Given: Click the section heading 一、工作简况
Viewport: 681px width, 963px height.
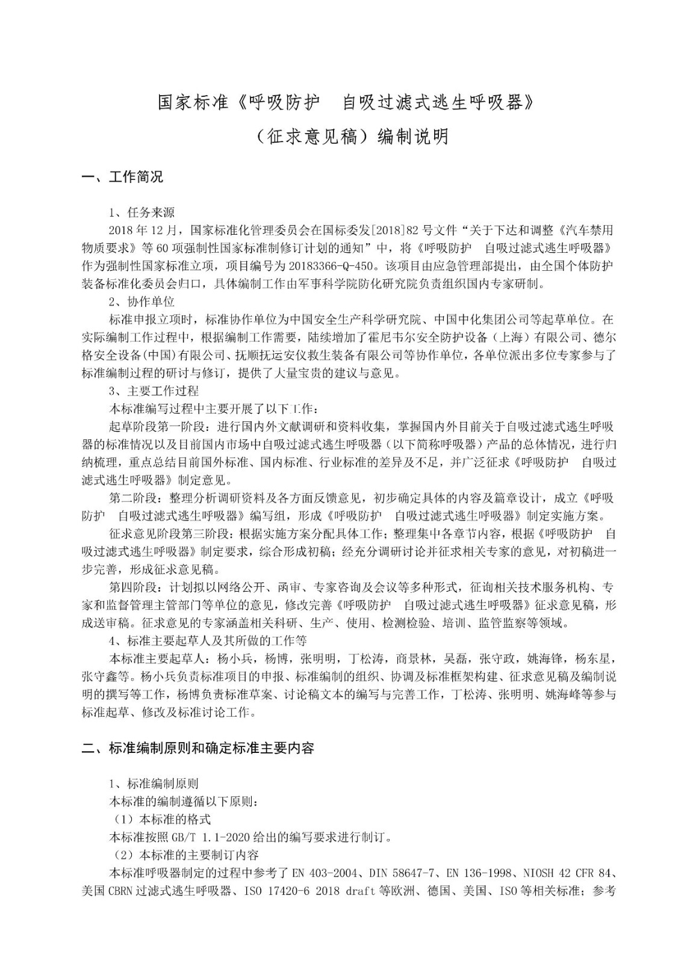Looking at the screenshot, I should (x=122, y=178).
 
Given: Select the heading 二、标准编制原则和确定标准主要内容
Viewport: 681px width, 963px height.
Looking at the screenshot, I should (x=198, y=748).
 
